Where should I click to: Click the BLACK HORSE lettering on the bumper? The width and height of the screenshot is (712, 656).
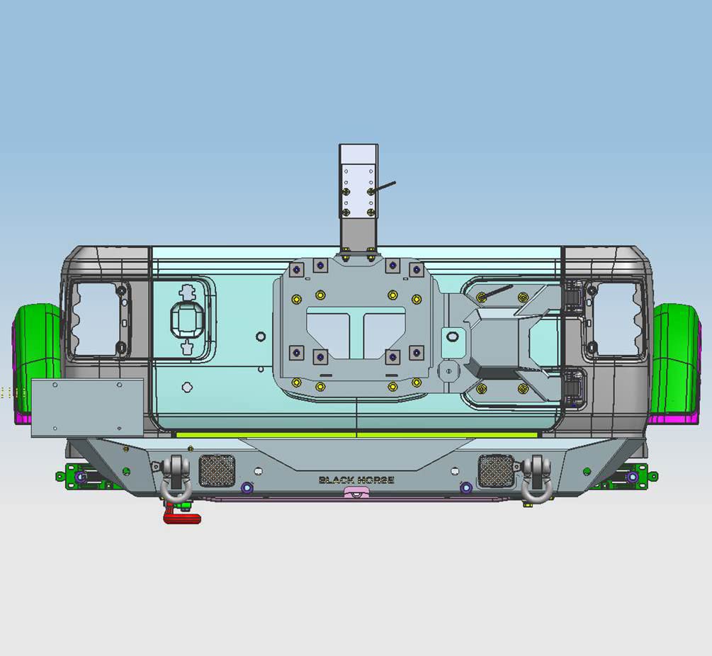[x=356, y=480]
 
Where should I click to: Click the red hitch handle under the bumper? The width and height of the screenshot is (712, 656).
[x=181, y=516]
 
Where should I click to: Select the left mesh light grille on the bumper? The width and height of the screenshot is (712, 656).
[x=217, y=470]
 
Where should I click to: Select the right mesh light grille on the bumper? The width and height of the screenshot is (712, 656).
[x=496, y=470]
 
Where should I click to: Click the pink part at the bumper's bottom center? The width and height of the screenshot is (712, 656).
[x=357, y=492]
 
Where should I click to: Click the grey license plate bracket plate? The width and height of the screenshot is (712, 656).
[x=88, y=408]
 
